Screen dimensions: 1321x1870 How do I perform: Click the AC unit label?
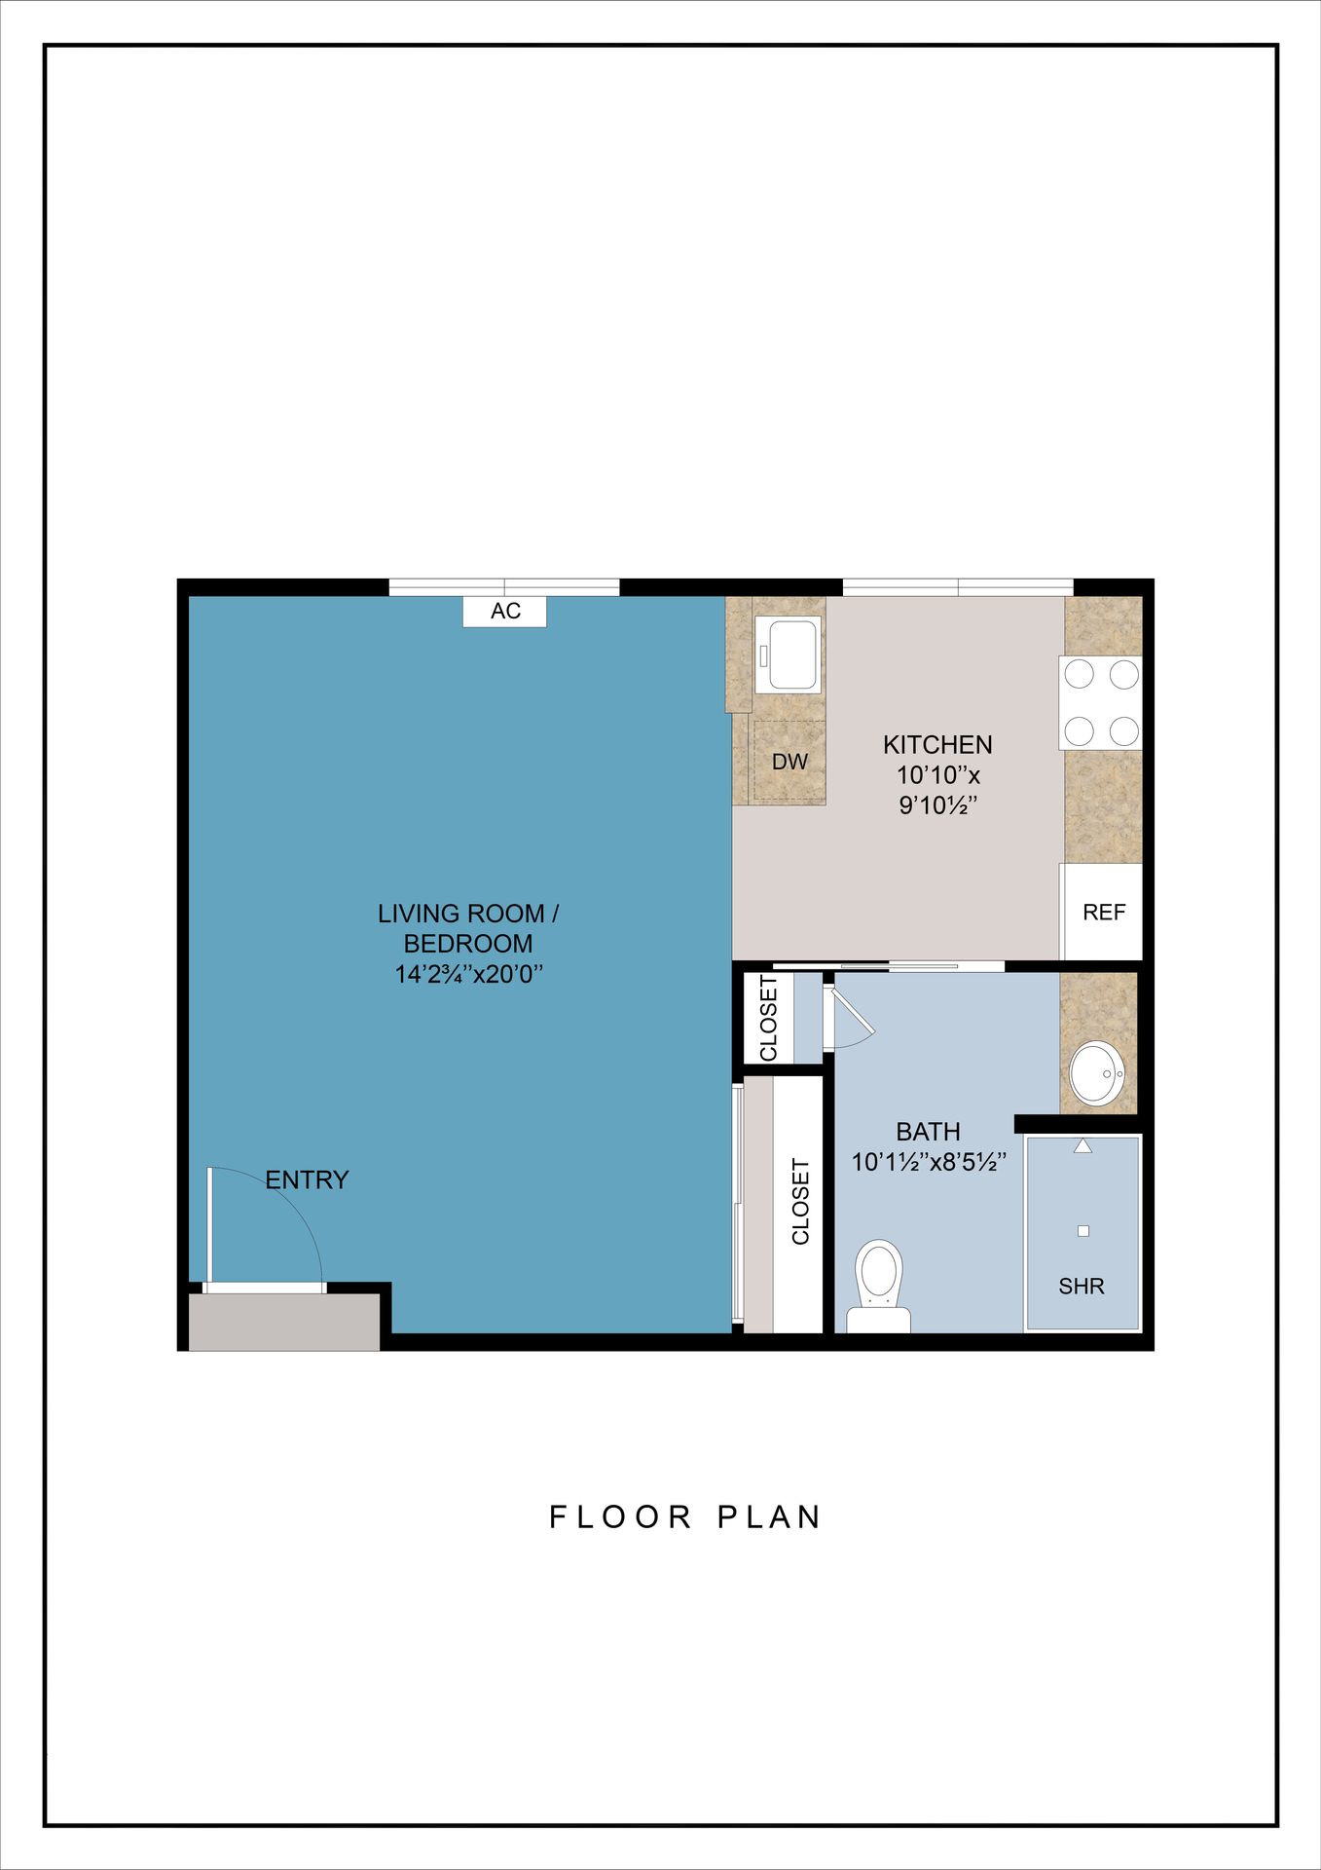506,611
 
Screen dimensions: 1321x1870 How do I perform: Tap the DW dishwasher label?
789,762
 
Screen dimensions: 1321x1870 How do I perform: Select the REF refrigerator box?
1101,912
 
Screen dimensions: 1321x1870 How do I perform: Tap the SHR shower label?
1082,1287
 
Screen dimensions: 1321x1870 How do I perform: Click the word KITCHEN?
937,745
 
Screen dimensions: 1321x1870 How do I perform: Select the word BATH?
928,1132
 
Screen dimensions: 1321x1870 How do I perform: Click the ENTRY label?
307,1180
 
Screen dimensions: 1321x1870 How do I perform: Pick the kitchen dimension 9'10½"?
937,805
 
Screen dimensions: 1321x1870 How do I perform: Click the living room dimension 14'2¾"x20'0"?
468,974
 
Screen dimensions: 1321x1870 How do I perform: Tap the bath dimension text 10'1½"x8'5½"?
928,1162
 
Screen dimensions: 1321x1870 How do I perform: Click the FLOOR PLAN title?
686,1516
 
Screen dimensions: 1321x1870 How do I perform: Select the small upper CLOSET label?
768,1018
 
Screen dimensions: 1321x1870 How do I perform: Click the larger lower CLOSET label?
800,1201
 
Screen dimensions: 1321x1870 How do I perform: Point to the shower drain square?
1082,1231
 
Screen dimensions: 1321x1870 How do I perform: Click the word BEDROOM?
468,944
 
